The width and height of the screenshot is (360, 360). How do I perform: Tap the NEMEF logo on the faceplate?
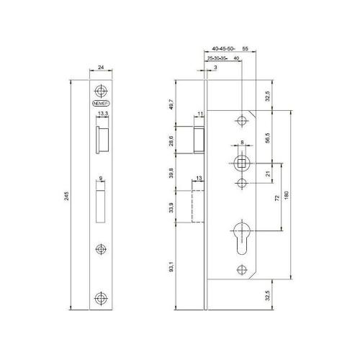click(x=100, y=104)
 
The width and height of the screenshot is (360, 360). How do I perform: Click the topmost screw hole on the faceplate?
click(x=100, y=91)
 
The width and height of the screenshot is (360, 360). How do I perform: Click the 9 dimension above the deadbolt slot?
click(x=100, y=177)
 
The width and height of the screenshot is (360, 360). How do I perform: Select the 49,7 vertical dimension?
click(x=171, y=104)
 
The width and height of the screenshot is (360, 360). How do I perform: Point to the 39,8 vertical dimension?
click(x=171, y=172)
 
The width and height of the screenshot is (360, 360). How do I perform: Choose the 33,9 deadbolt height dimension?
click(x=171, y=210)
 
